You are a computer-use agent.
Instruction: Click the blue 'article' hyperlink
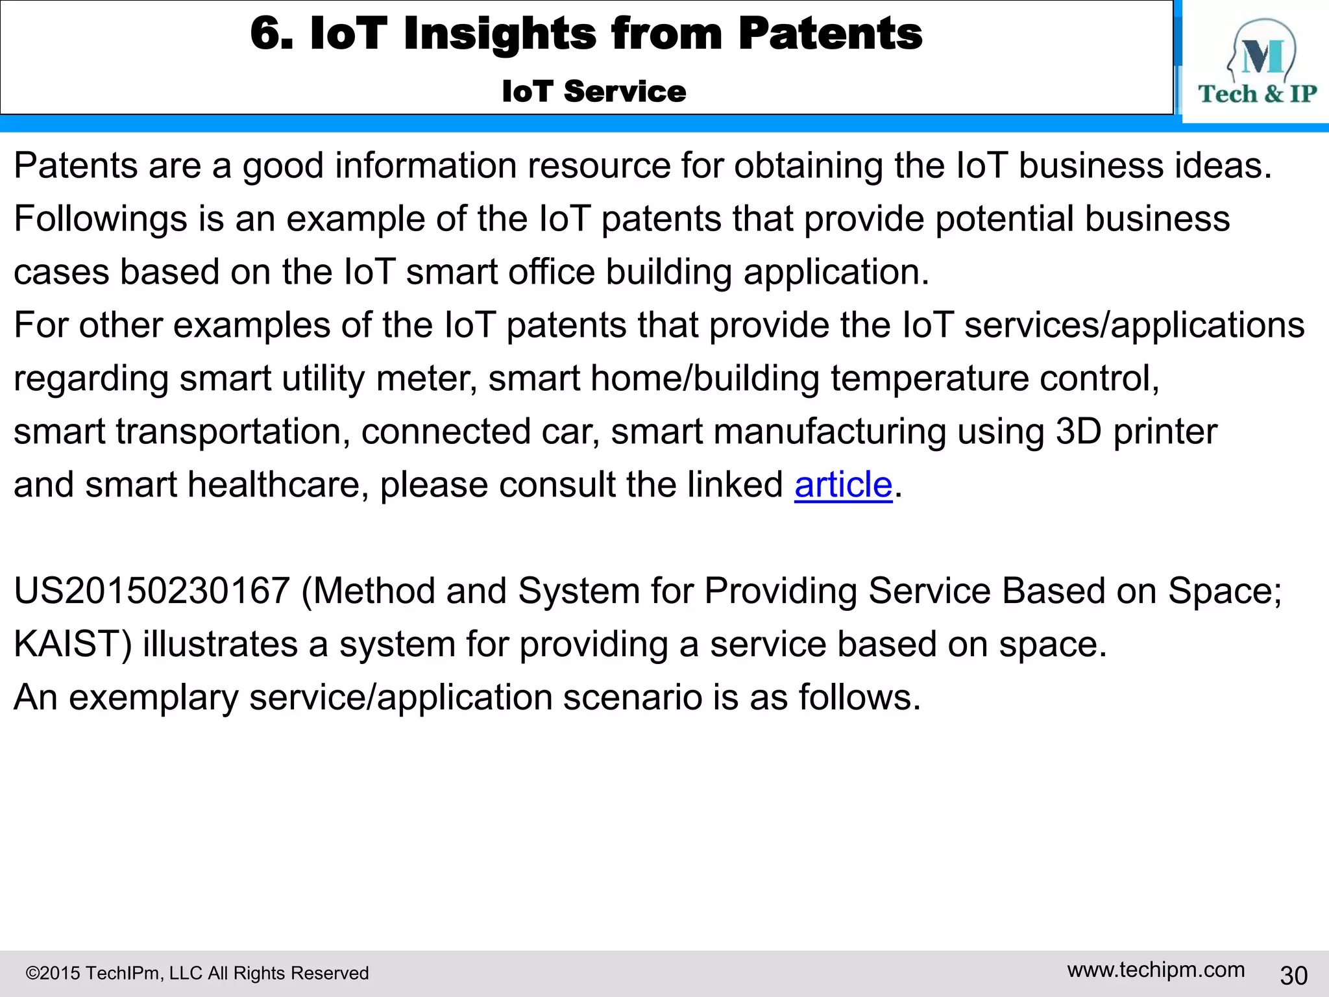pyautogui.click(x=843, y=485)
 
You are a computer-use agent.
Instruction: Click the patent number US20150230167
pyautogui.click(x=151, y=591)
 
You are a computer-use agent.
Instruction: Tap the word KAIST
pyautogui.click(x=72, y=645)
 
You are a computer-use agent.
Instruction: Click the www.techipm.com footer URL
pyautogui.click(x=1156, y=970)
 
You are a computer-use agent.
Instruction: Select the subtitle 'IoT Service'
pyautogui.click(x=594, y=91)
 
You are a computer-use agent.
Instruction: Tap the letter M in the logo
pyautogui.click(x=1262, y=57)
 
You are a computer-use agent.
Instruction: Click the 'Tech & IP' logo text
pyautogui.click(x=1257, y=94)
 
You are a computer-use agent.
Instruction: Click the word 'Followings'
pyautogui.click(x=101, y=219)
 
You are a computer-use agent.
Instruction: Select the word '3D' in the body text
pyautogui.click(x=1079, y=432)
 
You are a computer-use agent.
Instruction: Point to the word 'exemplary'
pyautogui.click(x=154, y=698)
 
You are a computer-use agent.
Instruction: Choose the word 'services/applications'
pyautogui.click(x=1134, y=325)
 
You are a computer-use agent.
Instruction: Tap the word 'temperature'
pyautogui.click(x=929, y=378)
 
